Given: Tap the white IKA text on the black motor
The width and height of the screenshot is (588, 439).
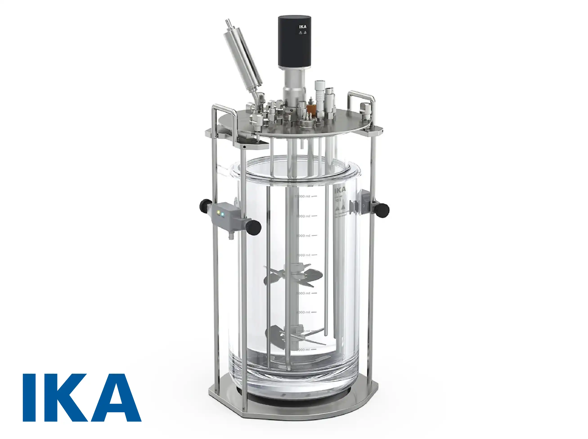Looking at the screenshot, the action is click(303, 26).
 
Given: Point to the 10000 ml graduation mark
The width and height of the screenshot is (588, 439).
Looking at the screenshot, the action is click(303, 196).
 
